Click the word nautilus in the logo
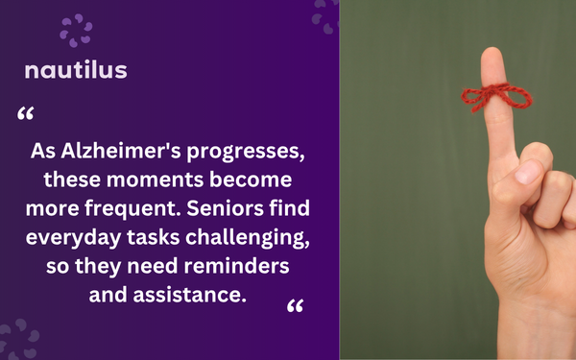pos(76,70)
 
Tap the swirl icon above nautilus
pos(76,31)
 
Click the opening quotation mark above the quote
pos(26,113)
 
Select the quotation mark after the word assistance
pos(295,305)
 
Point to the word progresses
pos(246,152)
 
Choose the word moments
pos(155,180)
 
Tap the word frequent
pos(133,209)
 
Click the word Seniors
pos(226,208)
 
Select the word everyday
pos(74,238)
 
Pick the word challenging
pos(248,238)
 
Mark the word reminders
pos(236,266)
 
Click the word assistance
pos(189,295)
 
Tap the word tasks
pos(154,237)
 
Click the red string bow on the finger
pos(496,96)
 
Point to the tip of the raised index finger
pos(492,49)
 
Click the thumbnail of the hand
pos(527,172)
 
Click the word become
pos(251,180)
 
